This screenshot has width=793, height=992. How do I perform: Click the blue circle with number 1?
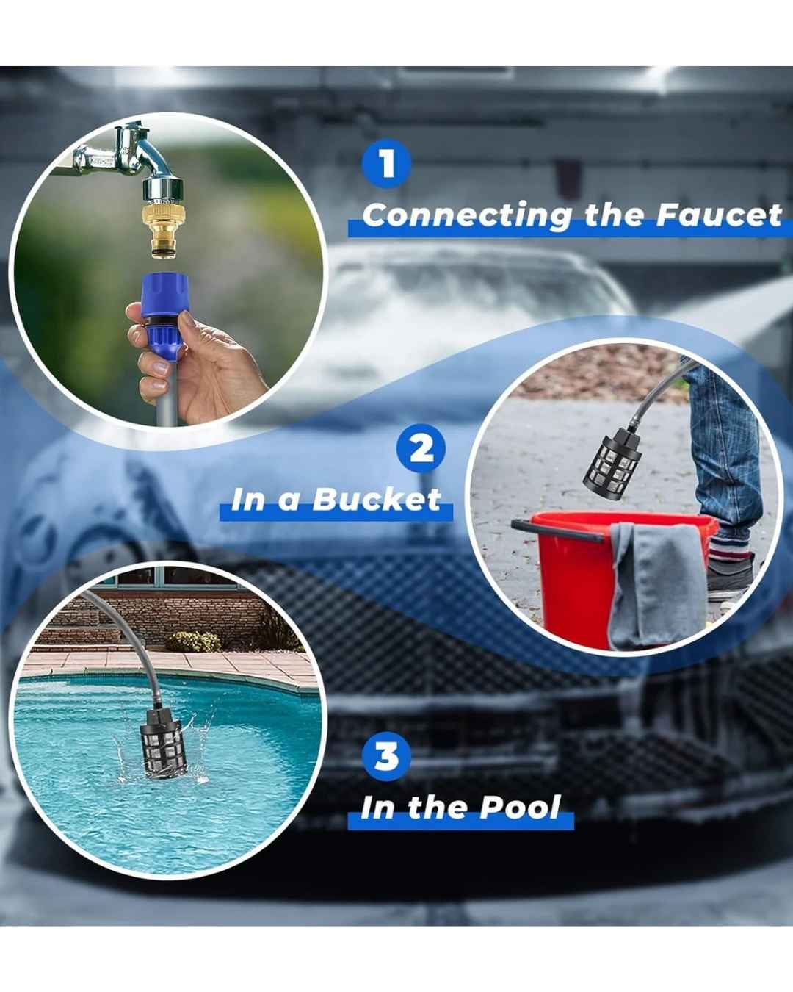coord(387,164)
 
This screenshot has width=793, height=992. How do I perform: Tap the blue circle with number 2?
coord(421,449)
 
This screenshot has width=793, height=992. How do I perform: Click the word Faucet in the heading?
coord(719,215)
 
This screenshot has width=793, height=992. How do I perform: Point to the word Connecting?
coord(467,216)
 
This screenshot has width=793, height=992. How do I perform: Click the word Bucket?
coord(377,500)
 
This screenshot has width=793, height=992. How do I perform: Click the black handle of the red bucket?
coord(557,529)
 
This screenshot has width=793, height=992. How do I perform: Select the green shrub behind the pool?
coord(194,641)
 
